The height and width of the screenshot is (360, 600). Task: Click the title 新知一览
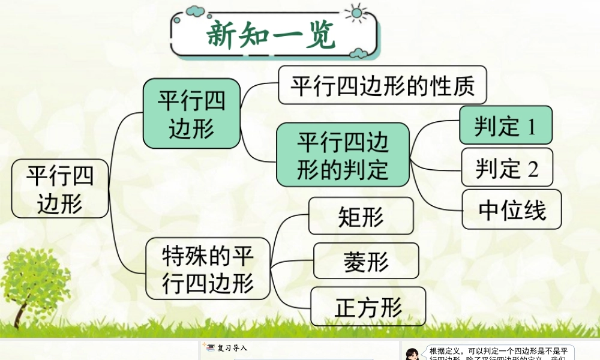tap(271, 36)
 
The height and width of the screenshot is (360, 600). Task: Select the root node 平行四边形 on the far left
tap(60, 188)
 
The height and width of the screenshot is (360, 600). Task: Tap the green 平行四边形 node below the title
tap(191, 113)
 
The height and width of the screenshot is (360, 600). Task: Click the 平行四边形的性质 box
tap(382, 85)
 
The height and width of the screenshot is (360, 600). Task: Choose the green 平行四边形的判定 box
tap(343, 155)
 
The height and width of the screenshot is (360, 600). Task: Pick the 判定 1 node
tap(505, 125)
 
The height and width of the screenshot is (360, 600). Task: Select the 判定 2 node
tap(506, 167)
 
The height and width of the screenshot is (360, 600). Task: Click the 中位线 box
tap(512, 210)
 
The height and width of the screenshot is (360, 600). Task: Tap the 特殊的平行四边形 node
tap(208, 269)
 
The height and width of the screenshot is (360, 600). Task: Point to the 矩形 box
tap(361, 216)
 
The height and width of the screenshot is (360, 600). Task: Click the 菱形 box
tap(366, 261)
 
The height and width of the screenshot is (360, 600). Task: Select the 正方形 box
tap(368, 307)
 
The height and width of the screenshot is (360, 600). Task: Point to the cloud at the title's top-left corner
tap(194, 10)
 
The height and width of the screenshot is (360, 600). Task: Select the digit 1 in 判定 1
tap(530, 126)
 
